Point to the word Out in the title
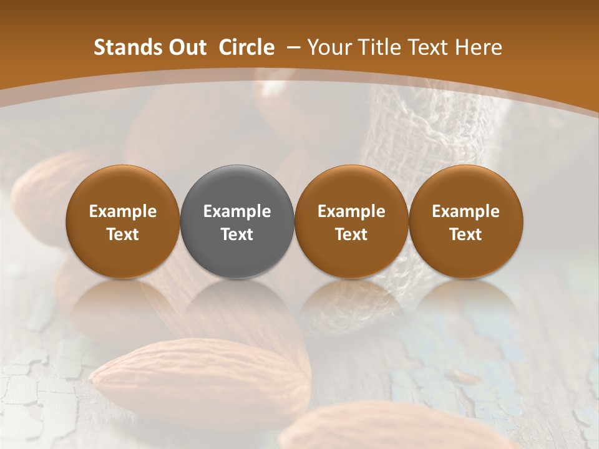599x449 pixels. coord(185,47)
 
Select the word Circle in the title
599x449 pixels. coord(246,47)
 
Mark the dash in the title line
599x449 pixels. coord(291,47)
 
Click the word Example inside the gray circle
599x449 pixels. coord(237,211)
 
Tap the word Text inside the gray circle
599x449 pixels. coord(237,234)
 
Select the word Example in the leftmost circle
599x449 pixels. coord(123,211)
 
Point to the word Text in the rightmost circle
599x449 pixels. coord(465,234)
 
